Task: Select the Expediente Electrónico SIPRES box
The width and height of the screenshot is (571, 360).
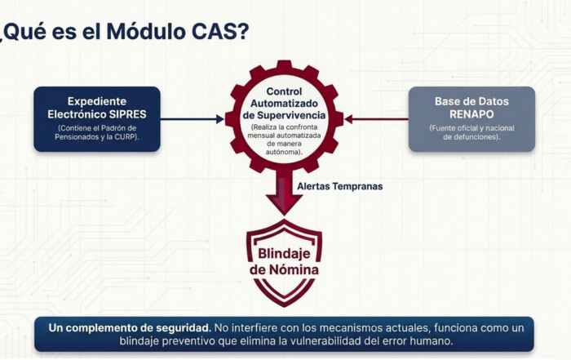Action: point(96,118)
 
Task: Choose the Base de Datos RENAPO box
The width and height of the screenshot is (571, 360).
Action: point(471,118)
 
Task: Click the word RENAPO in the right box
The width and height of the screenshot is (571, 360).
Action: point(471,114)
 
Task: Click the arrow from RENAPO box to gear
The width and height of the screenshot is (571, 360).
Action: point(376,119)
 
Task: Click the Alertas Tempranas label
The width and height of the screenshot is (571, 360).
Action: point(339,186)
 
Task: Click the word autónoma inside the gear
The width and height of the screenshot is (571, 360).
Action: point(284,153)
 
